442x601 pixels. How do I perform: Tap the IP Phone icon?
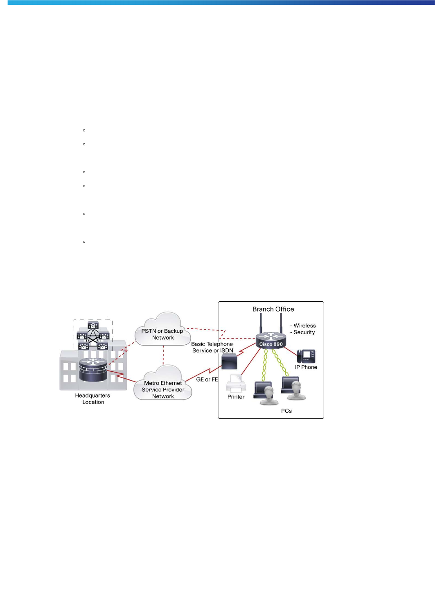click(x=306, y=356)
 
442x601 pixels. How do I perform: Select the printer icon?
click(x=236, y=384)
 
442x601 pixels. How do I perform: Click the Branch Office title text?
click(x=273, y=309)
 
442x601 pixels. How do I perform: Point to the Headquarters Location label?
click(x=93, y=399)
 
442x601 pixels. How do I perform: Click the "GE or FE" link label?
click(x=207, y=380)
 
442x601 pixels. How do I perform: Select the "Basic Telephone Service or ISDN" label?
click(x=212, y=347)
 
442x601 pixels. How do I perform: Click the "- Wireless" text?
click(x=303, y=325)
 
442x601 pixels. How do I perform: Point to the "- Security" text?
click(x=303, y=332)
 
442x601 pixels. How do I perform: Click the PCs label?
click(x=286, y=411)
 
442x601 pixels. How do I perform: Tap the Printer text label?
click(x=236, y=397)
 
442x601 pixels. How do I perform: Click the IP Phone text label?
click(x=306, y=367)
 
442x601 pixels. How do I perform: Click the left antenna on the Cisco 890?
click(x=261, y=323)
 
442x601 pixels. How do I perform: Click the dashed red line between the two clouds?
click(x=163, y=355)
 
